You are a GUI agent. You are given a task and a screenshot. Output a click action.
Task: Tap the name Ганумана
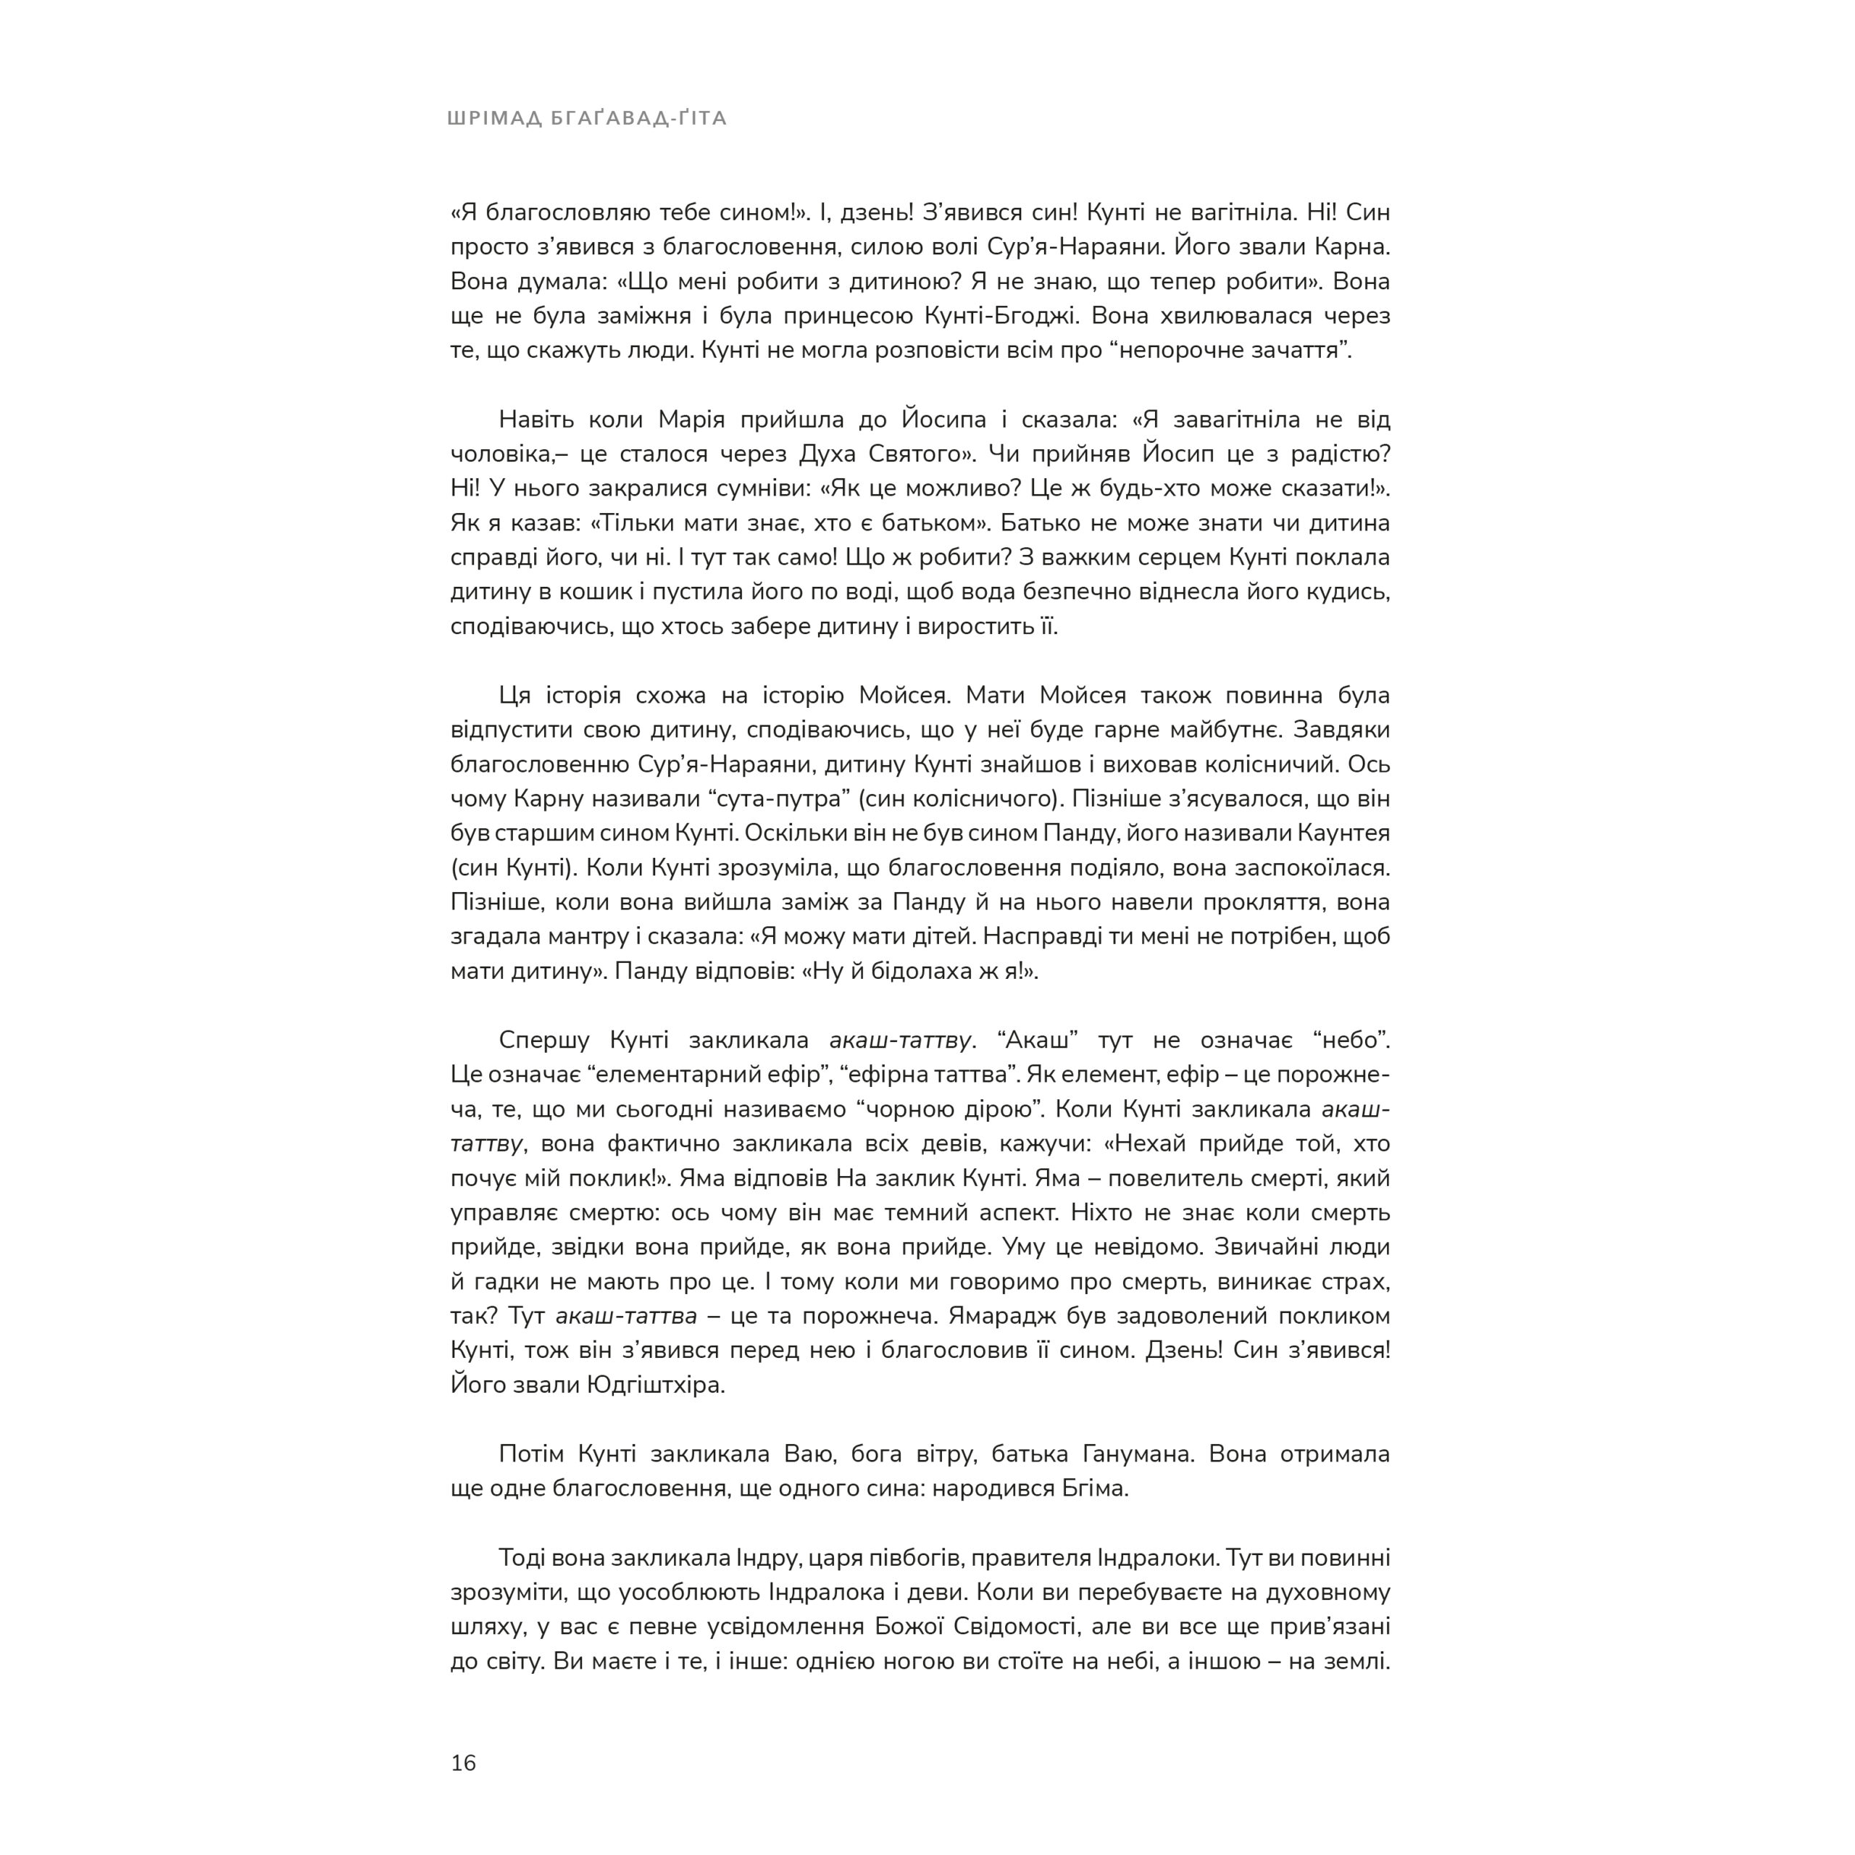(1139, 1454)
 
